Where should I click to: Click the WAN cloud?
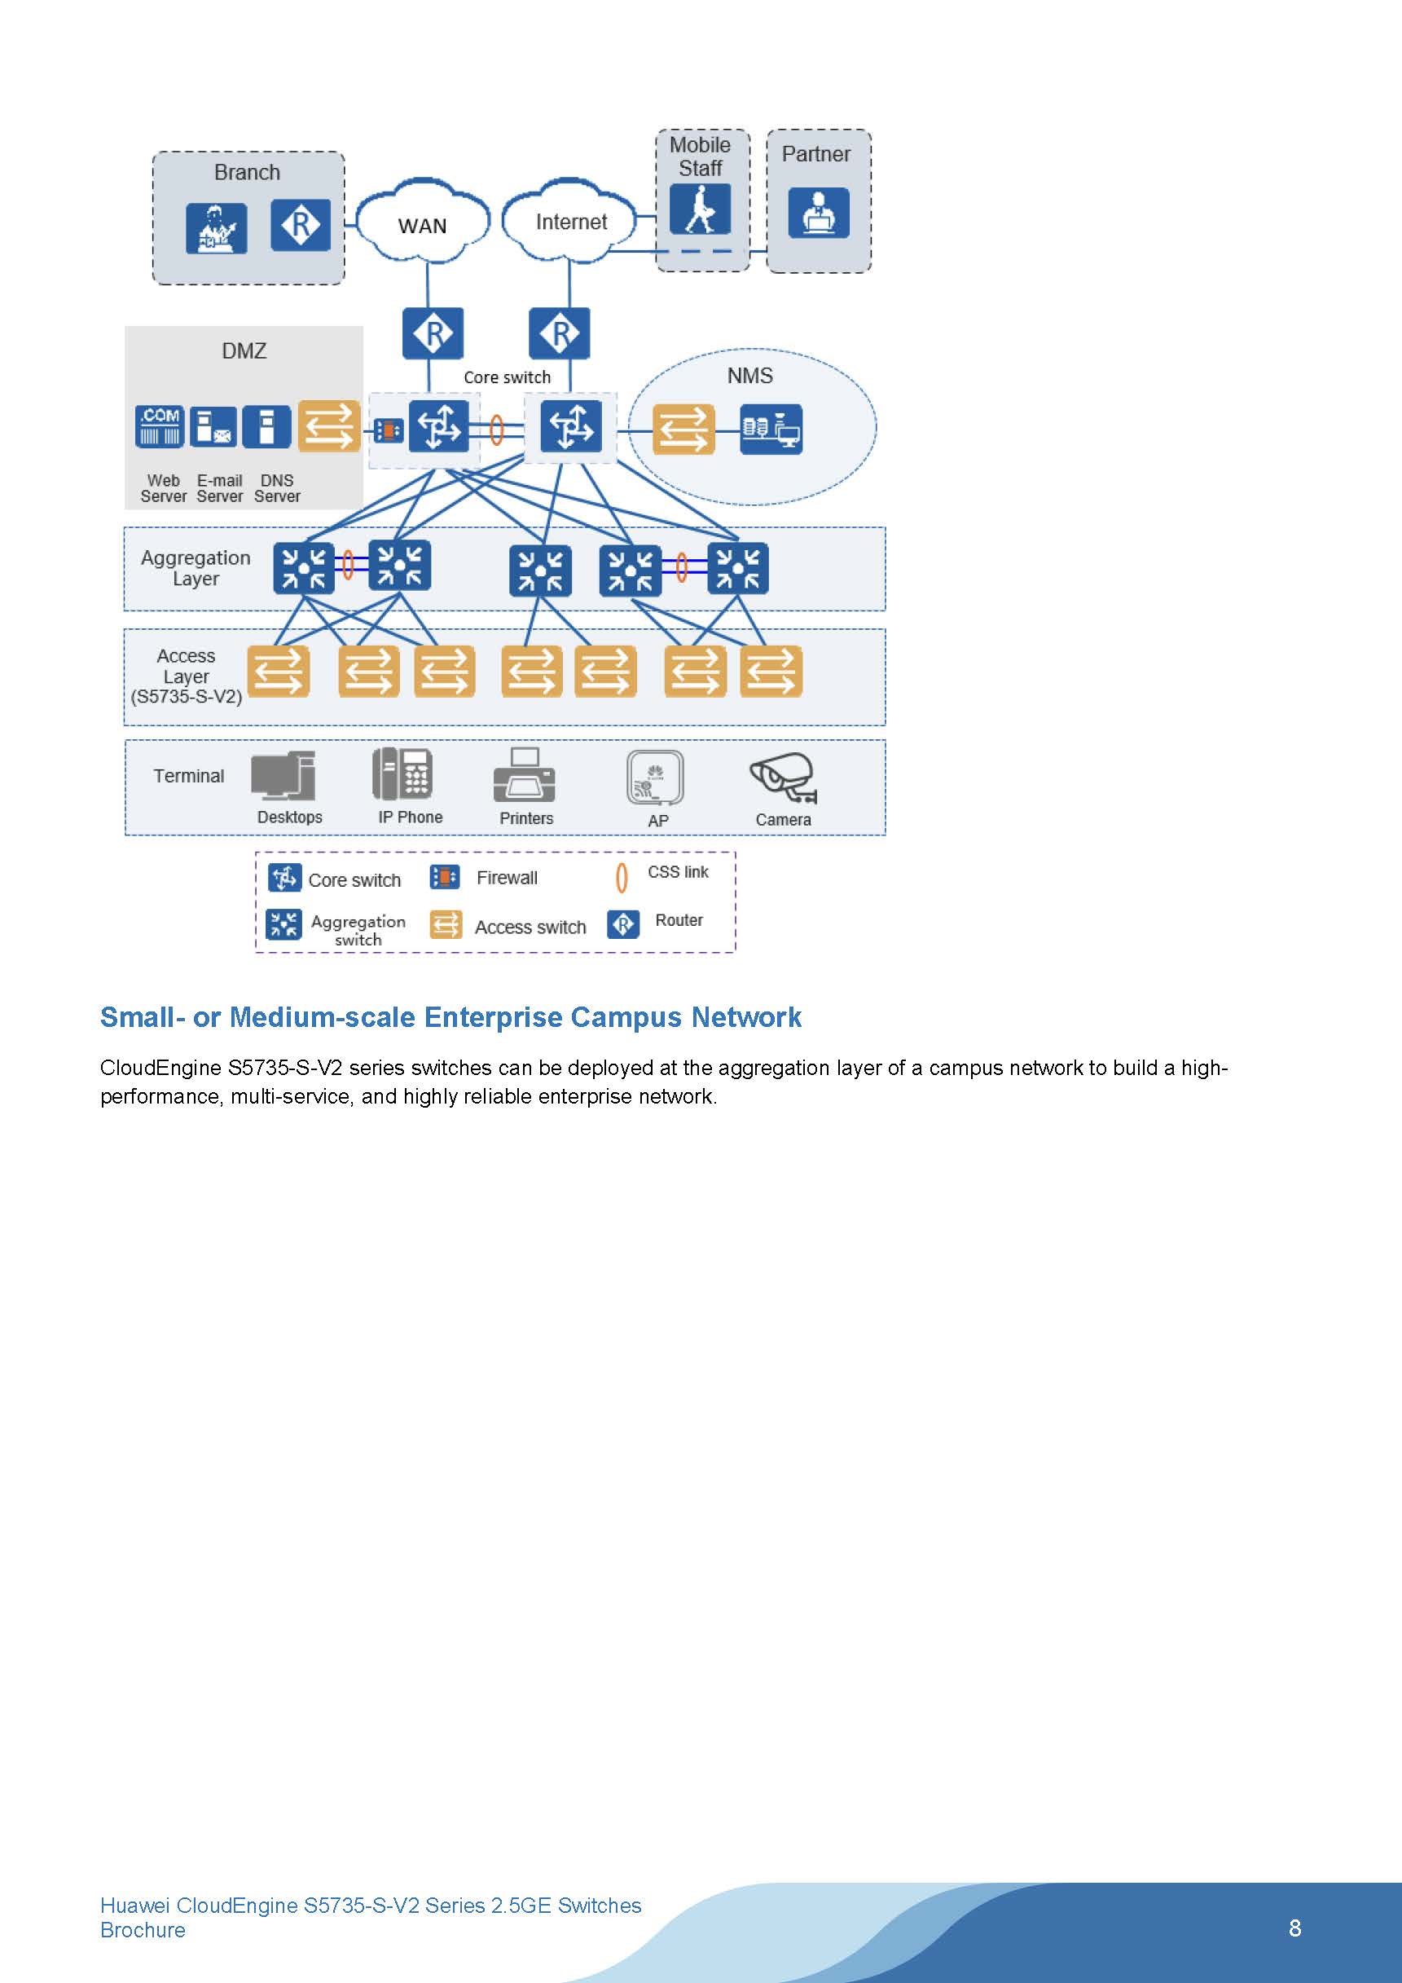click(x=422, y=223)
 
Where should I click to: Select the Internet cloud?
click(x=569, y=222)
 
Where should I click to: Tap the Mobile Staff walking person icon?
click(x=700, y=209)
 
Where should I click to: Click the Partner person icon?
click(x=818, y=213)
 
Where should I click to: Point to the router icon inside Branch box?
click(x=301, y=226)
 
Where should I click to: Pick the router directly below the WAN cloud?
click(x=433, y=333)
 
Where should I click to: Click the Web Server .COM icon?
click(x=160, y=425)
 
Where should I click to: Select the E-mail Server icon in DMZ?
click(x=213, y=425)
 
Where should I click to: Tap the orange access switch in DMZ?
click(x=329, y=425)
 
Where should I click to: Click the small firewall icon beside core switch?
click(x=389, y=430)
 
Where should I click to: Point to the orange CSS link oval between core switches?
click(x=496, y=430)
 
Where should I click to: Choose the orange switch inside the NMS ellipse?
click(x=683, y=430)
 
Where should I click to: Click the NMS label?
click(x=749, y=376)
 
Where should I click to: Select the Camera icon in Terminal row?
click(x=783, y=777)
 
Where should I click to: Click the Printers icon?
click(x=524, y=775)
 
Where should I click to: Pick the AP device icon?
click(x=655, y=778)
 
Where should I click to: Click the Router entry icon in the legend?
click(x=623, y=924)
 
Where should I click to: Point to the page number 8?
click(x=1294, y=1928)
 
